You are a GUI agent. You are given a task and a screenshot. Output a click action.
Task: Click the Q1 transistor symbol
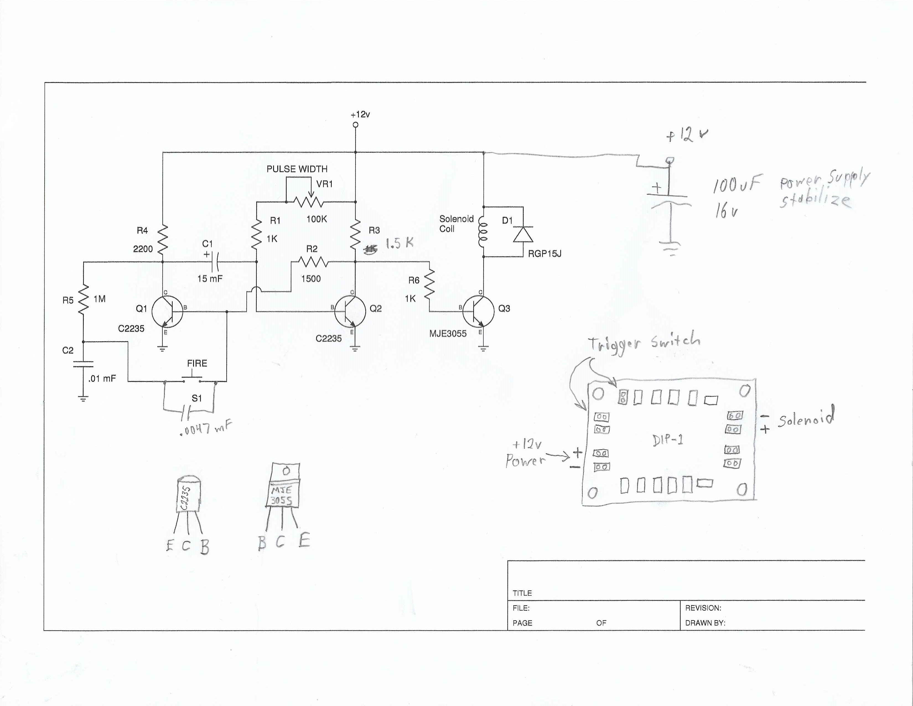(x=167, y=311)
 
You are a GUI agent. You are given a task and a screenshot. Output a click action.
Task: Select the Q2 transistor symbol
(x=350, y=311)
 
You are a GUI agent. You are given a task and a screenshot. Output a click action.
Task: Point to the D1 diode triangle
(x=523, y=234)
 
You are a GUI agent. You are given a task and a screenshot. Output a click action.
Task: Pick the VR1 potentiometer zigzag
(x=308, y=202)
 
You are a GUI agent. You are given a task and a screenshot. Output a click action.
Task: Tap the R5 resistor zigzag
(x=84, y=299)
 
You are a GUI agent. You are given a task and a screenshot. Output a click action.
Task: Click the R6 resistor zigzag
(x=429, y=284)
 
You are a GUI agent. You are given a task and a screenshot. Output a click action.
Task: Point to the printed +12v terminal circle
(x=355, y=125)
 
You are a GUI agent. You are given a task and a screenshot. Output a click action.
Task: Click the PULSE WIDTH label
(x=297, y=169)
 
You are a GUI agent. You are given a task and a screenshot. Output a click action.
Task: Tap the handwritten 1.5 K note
(x=399, y=243)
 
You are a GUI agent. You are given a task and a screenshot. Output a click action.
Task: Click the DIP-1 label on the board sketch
(x=668, y=440)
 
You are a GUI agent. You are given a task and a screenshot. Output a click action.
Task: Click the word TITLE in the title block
(x=522, y=593)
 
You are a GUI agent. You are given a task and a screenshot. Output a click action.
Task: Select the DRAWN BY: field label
(x=705, y=623)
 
